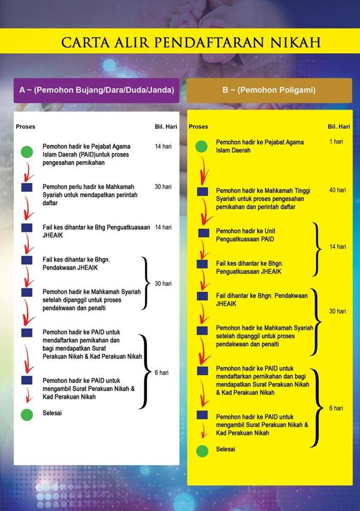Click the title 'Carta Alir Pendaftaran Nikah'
pyautogui.click(x=191, y=43)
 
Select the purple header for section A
pyautogui.click(x=96, y=90)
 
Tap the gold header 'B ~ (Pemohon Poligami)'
pyautogui.click(x=269, y=90)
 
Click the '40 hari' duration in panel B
pyautogui.click(x=337, y=190)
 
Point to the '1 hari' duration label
pyautogui.click(x=336, y=142)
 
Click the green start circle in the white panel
pyautogui.click(x=27, y=152)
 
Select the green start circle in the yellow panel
pyautogui.click(x=201, y=146)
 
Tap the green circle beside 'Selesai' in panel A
pyautogui.click(x=27, y=415)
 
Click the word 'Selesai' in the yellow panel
pyautogui.click(x=225, y=449)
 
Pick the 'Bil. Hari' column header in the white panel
pyautogui.click(x=166, y=127)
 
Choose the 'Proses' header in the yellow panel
pyautogui.click(x=198, y=127)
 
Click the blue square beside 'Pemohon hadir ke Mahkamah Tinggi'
pyautogui.click(x=202, y=192)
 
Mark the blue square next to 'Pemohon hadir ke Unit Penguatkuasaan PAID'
pyautogui.click(x=204, y=233)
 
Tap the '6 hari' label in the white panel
pyautogui.click(x=161, y=373)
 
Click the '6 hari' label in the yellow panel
pyautogui.click(x=336, y=408)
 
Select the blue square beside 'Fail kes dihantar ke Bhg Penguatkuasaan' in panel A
pyautogui.click(x=27, y=227)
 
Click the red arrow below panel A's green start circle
pyautogui.click(x=28, y=172)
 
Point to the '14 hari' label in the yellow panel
pyautogui.click(x=337, y=246)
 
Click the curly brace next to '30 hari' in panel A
pyautogui.click(x=145, y=283)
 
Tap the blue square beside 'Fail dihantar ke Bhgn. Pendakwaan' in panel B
pyautogui.click(x=202, y=296)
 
